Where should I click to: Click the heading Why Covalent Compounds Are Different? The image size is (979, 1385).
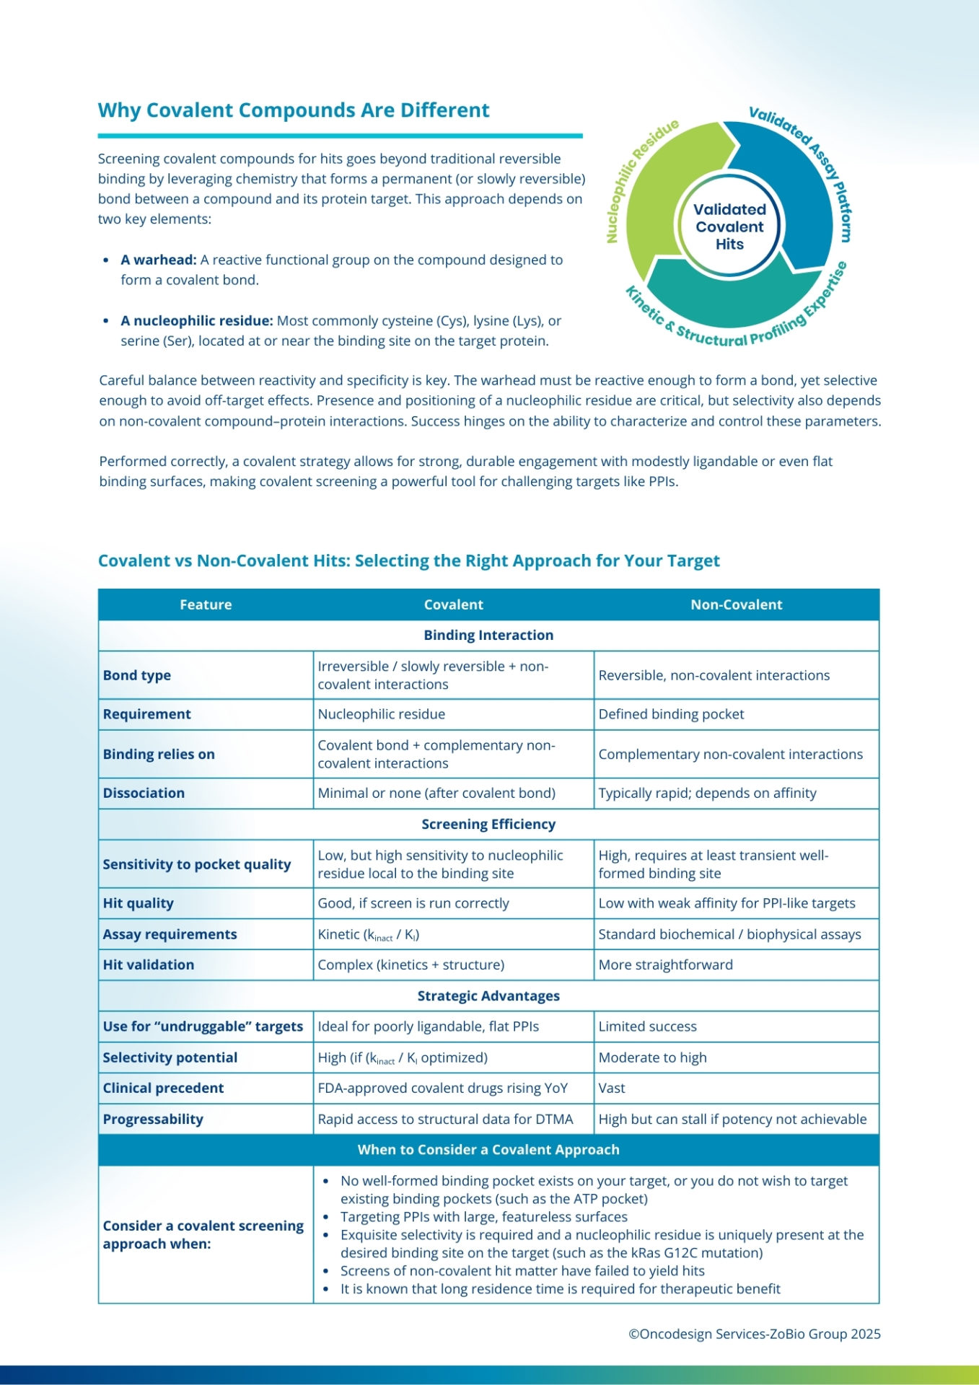point(294,110)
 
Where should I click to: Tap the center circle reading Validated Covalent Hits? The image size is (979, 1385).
point(729,227)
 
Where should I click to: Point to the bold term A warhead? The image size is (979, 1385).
point(159,260)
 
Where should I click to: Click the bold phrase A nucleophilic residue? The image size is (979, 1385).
point(197,320)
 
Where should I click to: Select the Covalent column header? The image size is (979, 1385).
point(453,604)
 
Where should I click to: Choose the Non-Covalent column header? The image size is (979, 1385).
point(736,604)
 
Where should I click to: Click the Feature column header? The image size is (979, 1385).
point(206,604)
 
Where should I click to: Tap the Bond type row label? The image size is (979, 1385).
point(137,675)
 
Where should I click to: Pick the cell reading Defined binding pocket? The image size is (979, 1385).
point(671,714)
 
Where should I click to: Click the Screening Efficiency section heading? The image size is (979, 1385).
point(488,824)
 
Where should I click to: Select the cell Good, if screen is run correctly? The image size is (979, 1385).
point(413,903)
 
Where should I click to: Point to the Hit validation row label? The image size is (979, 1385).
point(149,964)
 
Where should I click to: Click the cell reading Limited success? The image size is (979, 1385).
point(647,1026)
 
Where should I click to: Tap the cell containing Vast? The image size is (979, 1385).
point(612,1088)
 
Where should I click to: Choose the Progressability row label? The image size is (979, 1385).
point(153,1119)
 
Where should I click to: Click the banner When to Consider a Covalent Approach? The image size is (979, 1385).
point(488,1150)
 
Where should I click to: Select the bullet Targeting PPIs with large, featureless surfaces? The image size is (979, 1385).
point(483,1217)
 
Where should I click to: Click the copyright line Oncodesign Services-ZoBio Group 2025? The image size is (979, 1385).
point(755,1334)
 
